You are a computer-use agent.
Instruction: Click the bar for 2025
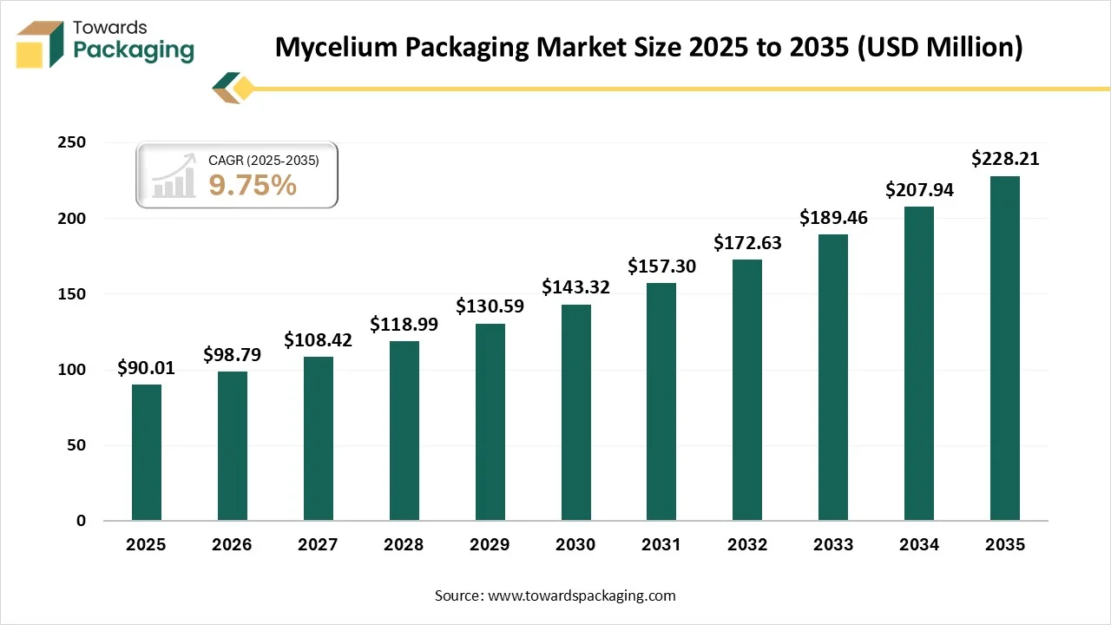click(x=146, y=452)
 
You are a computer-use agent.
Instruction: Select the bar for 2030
click(x=575, y=412)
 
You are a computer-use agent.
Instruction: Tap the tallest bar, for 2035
click(x=1004, y=348)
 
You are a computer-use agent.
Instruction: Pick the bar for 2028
click(x=404, y=431)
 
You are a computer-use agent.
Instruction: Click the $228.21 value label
click(x=1004, y=159)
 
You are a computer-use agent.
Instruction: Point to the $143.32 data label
click(x=575, y=287)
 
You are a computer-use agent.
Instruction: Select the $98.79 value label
click(x=232, y=355)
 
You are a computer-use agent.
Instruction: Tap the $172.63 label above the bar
click(x=747, y=243)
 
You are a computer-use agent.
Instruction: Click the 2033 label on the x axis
click(x=833, y=545)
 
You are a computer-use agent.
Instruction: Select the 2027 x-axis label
click(x=318, y=545)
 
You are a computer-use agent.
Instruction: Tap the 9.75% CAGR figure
click(x=253, y=185)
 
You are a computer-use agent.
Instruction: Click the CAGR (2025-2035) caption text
click(x=264, y=161)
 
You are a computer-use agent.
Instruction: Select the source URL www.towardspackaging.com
click(x=581, y=595)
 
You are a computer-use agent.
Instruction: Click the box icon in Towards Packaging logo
click(x=40, y=44)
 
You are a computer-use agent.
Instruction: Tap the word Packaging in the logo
click(x=134, y=50)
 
